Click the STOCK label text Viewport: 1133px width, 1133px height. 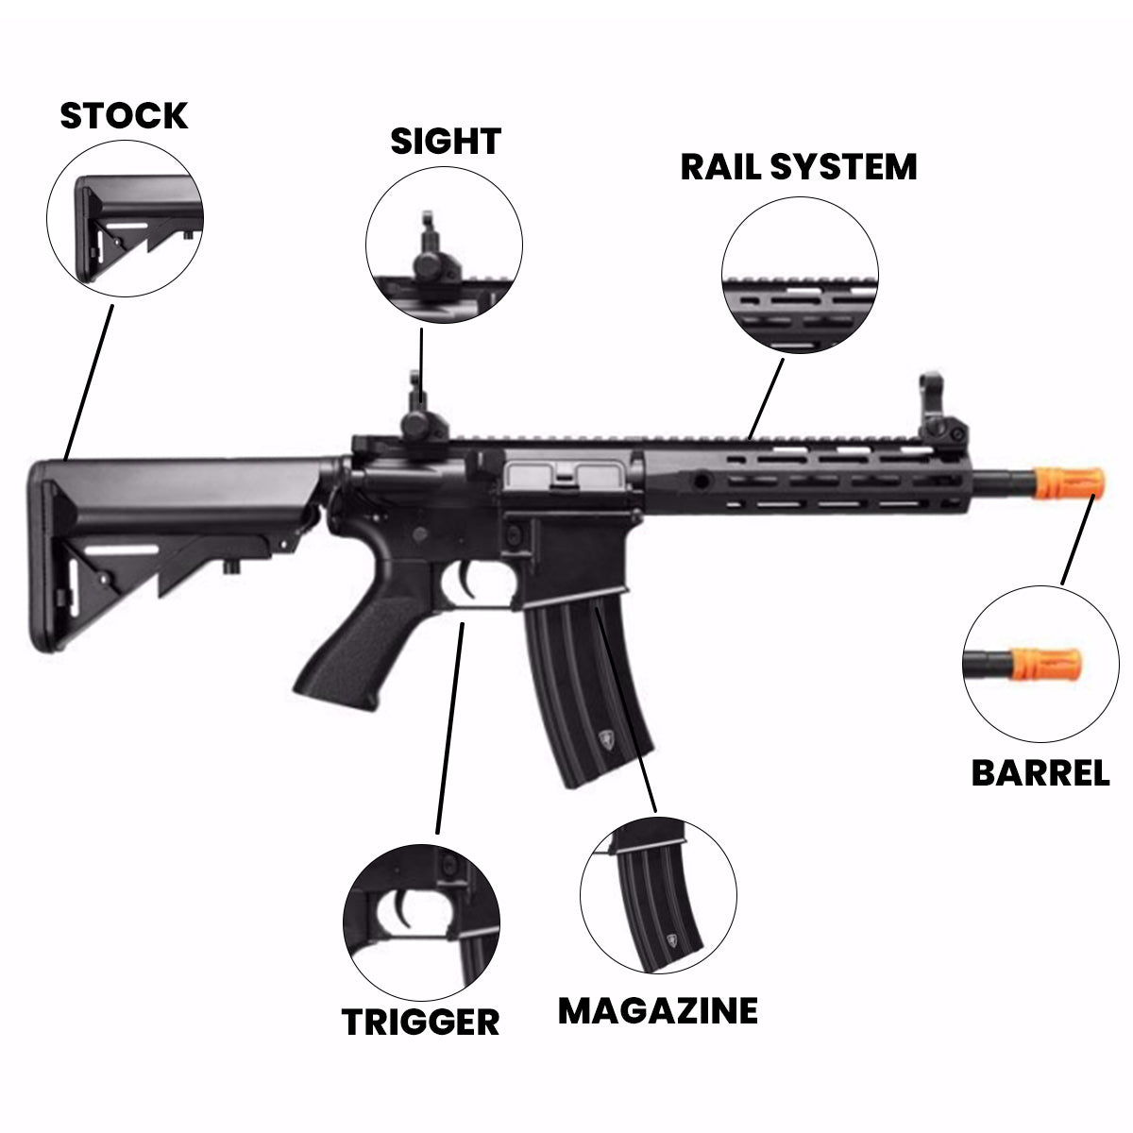click(x=124, y=115)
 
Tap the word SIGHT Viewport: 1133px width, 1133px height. click(x=445, y=142)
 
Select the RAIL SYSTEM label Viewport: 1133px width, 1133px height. click(x=799, y=166)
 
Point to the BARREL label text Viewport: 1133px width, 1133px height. click(x=1040, y=773)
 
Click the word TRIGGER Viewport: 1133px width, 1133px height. click(x=420, y=1022)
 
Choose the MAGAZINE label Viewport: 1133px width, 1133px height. click(x=657, y=1010)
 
